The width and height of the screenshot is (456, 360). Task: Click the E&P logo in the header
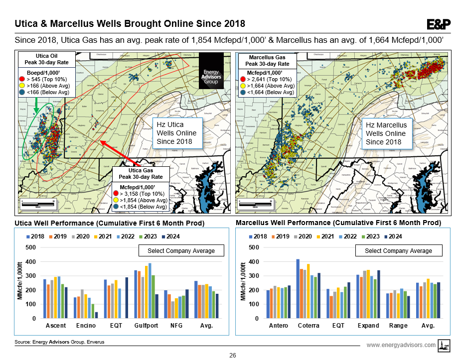(x=439, y=24)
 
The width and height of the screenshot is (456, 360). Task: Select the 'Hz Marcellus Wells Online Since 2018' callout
(x=386, y=133)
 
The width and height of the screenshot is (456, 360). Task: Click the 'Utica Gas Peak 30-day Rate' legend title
(x=142, y=174)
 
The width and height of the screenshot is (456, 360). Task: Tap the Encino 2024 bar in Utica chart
(x=96, y=315)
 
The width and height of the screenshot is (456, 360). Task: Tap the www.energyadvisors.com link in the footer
(x=401, y=345)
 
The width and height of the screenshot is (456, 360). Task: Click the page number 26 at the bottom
(x=232, y=355)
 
